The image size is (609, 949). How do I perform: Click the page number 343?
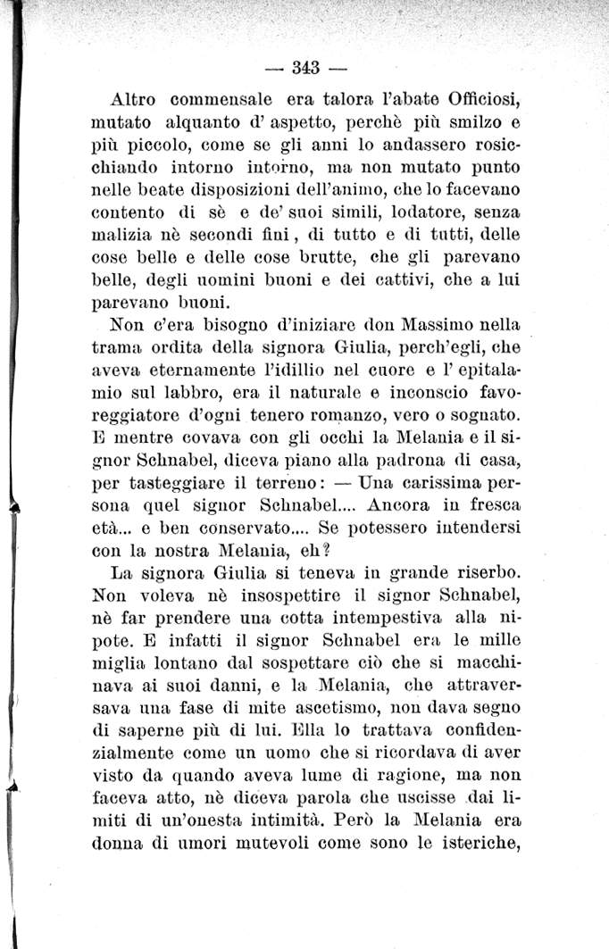[305, 67]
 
